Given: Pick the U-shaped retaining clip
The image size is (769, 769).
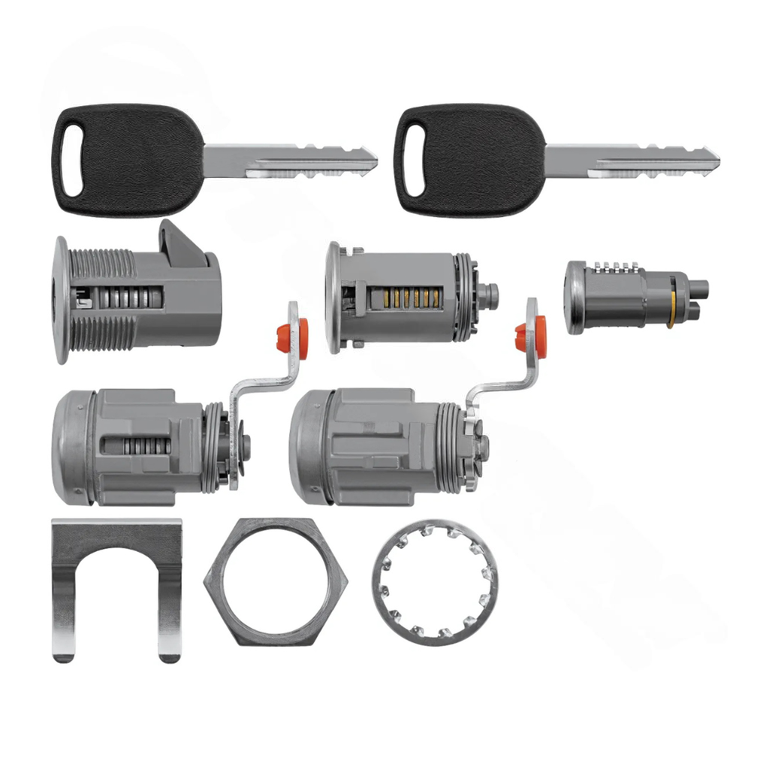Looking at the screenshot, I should [x=116, y=548].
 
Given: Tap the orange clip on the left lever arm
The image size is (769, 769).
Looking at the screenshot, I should [x=292, y=334].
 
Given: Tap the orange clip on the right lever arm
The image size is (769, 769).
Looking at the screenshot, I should [x=532, y=336].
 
